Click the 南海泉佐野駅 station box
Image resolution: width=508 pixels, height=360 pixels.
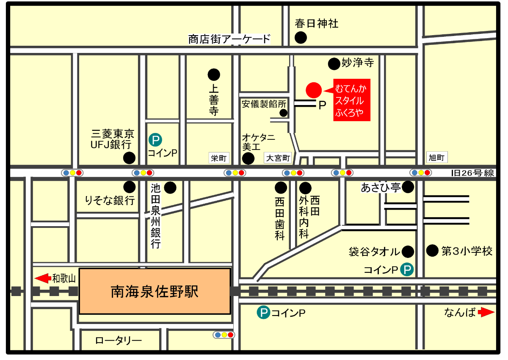coord(155,291)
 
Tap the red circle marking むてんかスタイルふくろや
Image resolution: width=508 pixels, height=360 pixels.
coord(314,90)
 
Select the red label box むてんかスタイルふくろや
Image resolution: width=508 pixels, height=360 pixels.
coord(351,100)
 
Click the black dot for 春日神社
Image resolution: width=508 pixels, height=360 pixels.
coord(301,38)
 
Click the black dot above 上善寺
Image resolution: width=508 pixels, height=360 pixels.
coord(214,75)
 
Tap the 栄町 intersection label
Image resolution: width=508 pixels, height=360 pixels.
coord(219,158)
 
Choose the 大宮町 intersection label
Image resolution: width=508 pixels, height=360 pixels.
coord(278,158)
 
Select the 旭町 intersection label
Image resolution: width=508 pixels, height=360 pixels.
coord(436,158)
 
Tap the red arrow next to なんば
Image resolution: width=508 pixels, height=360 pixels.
coord(486,313)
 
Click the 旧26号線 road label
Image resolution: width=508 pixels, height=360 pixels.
coord(472,173)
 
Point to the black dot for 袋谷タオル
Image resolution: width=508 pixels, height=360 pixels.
coord(408,252)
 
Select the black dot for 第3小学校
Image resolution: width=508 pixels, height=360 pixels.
coord(432,251)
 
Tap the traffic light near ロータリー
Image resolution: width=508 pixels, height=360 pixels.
coord(224,335)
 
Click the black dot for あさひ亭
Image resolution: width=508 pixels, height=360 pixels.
coord(408,187)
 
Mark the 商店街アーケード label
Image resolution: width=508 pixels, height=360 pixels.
coord(229,39)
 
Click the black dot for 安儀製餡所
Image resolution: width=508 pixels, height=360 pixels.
coord(284,113)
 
